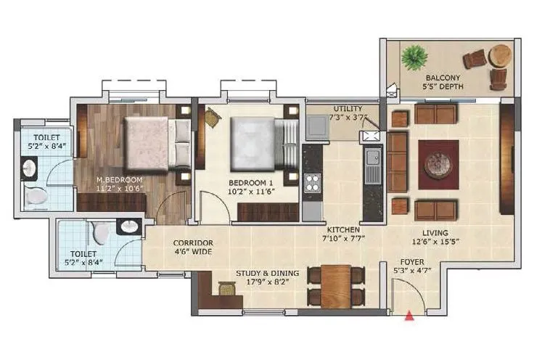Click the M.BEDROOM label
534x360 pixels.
click(x=121, y=179)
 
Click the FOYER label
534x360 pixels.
click(x=412, y=261)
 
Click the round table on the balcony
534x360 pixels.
click(x=501, y=55)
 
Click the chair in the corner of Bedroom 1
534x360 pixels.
click(x=211, y=115)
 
